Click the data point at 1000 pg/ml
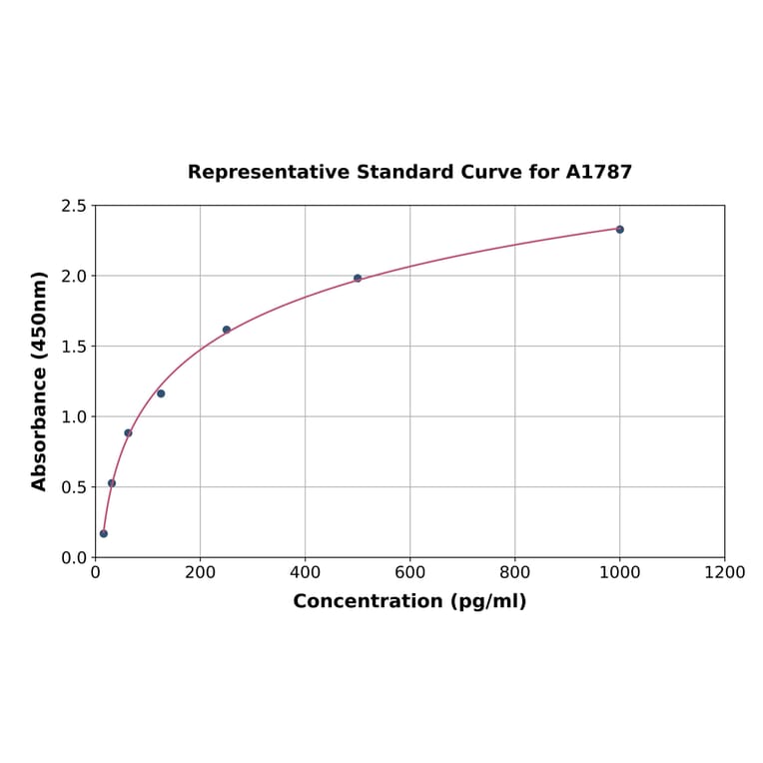(x=619, y=230)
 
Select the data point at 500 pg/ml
(x=358, y=279)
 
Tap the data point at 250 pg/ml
(x=227, y=330)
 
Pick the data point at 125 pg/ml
(x=161, y=393)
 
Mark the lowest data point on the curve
(x=104, y=533)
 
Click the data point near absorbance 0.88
(x=128, y=432)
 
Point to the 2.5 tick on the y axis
(x=73, y=206)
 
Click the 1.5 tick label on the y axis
(x=73, y=347)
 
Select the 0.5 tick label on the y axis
(x=73, y=487)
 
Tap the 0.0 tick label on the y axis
(x=73, y=557)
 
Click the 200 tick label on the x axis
(x=200, y=572)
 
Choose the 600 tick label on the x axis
(x=409, y=572)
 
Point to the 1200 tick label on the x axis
(x=724, y=572)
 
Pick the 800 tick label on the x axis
(x=514, y=572)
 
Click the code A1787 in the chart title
(x=598, y=173)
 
